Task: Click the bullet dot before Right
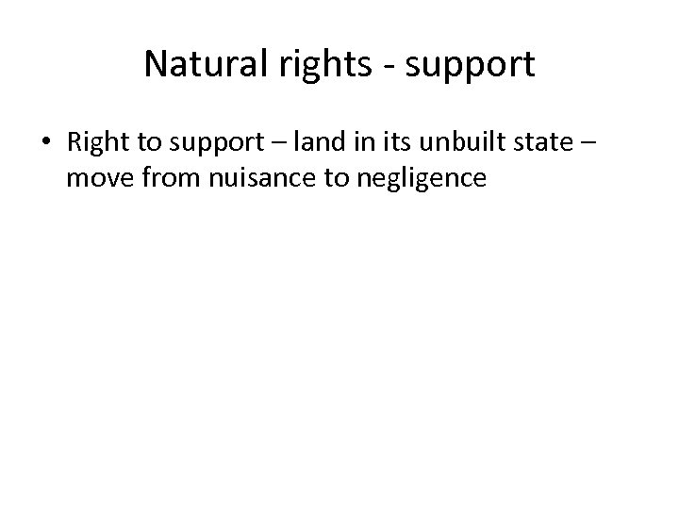coord(47,144)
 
